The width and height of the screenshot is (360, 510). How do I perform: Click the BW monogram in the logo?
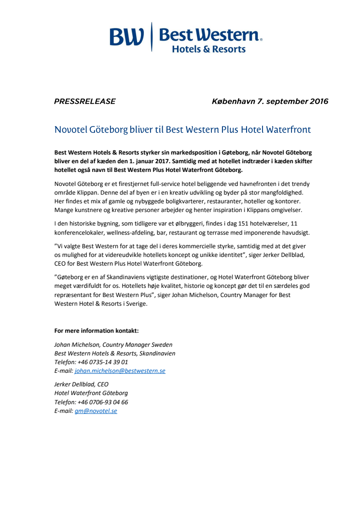(126, 37)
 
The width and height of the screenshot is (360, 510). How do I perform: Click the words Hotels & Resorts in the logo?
(208, 49)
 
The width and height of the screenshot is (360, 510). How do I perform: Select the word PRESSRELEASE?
(85, 101)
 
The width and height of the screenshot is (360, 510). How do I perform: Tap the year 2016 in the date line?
(316, 101)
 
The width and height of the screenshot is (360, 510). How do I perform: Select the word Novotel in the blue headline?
(71, 130)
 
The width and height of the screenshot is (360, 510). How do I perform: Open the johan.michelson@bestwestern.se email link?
(120, 370)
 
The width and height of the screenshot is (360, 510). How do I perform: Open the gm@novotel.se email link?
(96, 411)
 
